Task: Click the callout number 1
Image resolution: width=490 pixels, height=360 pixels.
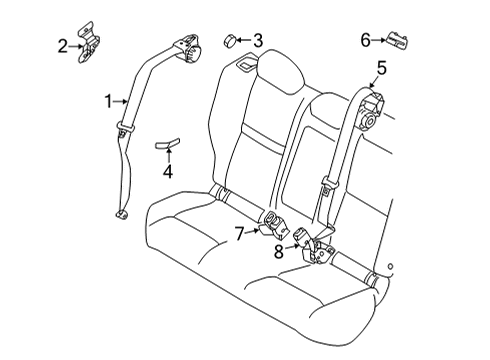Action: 108,101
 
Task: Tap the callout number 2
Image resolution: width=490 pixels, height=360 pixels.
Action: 62,46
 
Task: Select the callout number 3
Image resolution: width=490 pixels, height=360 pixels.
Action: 258,40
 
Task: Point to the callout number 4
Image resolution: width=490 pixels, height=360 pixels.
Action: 168,172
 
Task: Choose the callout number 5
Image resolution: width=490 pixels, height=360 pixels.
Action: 381,68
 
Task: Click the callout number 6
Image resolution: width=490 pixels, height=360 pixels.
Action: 366,40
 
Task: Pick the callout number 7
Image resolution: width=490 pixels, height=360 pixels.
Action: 239,233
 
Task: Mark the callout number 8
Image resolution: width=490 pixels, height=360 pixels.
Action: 279,251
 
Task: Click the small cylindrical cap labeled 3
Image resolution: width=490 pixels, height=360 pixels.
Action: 229,41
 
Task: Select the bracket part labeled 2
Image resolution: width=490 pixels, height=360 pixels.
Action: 88,43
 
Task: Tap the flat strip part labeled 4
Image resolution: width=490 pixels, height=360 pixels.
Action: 167,143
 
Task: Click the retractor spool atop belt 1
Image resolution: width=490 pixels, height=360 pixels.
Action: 189,48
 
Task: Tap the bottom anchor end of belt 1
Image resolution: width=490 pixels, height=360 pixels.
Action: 121,214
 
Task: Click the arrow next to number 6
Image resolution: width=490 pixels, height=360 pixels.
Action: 378,40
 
